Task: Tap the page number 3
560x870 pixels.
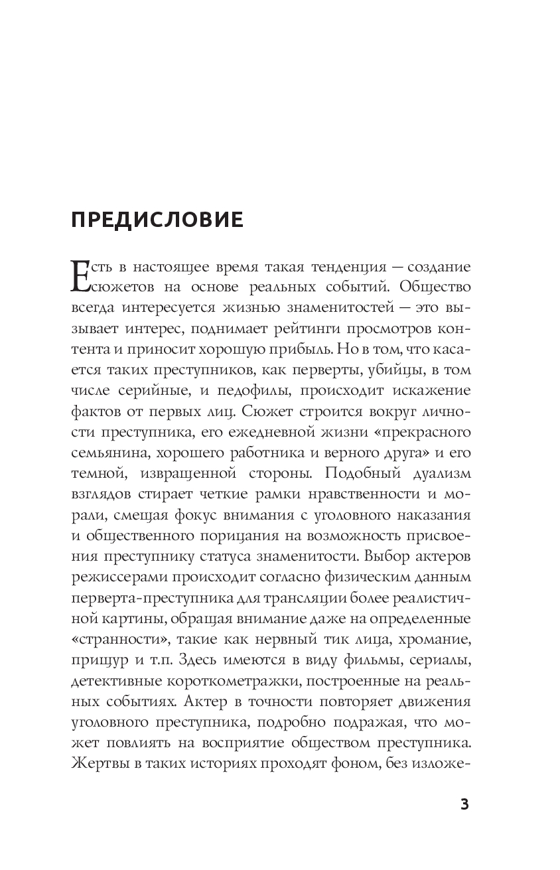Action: point(464,805)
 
